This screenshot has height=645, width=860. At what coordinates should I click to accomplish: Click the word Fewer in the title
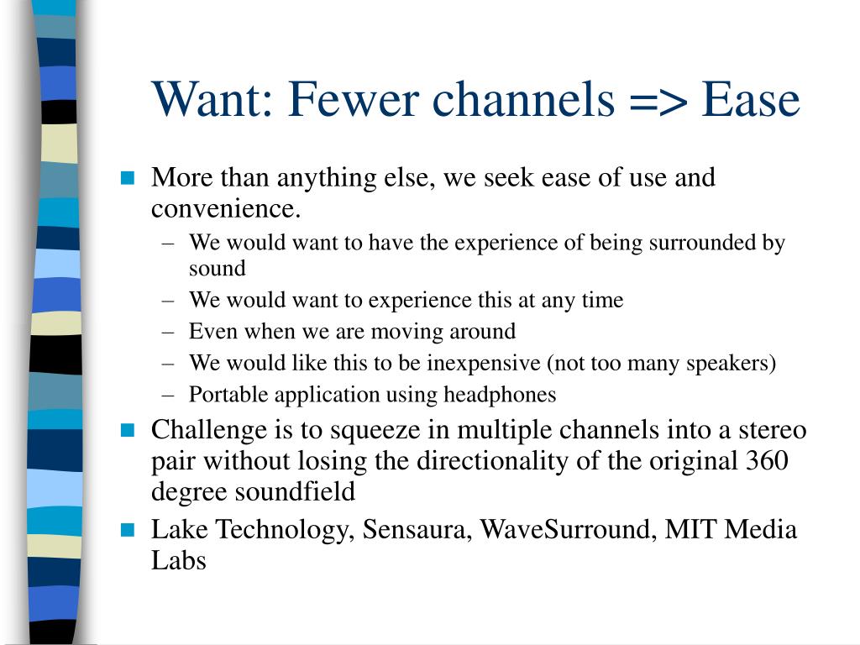pyautogui.click(x=353, y=99)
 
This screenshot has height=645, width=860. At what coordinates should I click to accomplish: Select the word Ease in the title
pyautogui.click(x=751, y=99)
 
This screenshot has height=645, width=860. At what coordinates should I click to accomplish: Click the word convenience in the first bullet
pyautogui.click(x=226, y=209)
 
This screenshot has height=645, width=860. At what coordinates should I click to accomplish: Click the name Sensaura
pyautogui.click(x=417, y=530)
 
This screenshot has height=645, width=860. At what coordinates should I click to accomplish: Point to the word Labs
pyautogui.click(x=178, y=560)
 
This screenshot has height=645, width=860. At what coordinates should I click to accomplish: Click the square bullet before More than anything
pyautogui.click(x=128, y=178)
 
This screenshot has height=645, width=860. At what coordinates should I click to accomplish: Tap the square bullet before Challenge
pyautogui.click(x=128, y=430)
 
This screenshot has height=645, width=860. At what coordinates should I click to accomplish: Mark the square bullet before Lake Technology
pyautogui.click(x=128, y=530)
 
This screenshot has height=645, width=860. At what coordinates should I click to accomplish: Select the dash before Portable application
pyautogui.click(x=168, y=396)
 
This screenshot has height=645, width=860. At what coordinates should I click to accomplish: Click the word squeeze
pyautogui.click(x=375, y=431)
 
